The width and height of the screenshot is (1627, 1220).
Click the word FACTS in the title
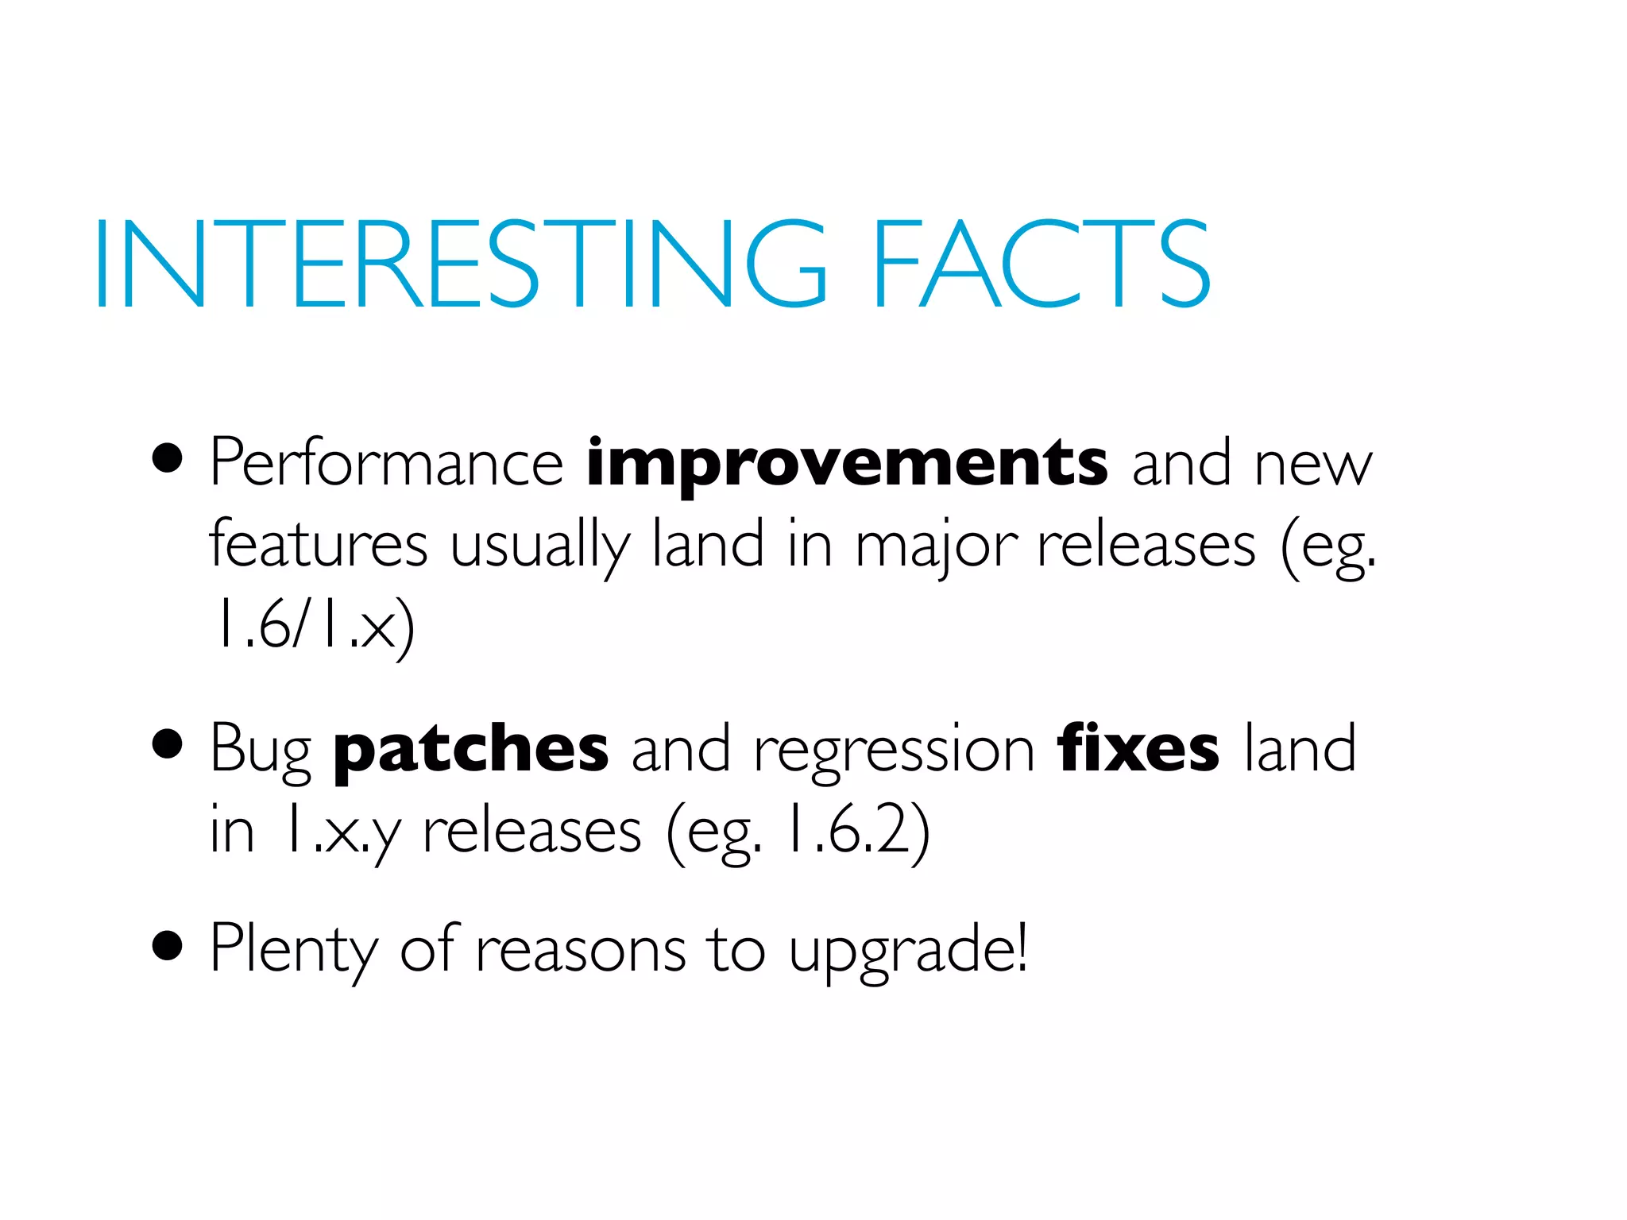(1041, 264)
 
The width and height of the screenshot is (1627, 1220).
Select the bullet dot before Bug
(168, 745)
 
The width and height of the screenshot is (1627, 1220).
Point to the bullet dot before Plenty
(168, 946)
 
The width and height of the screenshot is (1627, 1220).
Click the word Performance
(386, 464)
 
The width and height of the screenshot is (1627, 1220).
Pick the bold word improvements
(847, 465)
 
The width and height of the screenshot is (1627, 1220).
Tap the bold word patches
(471, 751)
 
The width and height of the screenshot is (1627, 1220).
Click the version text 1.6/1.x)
(311, 625)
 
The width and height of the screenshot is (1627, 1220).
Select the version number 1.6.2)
(856, 831)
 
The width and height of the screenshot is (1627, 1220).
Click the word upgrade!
(908, 951)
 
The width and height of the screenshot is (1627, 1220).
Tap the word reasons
(580, 951)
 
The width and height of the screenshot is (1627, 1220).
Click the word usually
(539, 547)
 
